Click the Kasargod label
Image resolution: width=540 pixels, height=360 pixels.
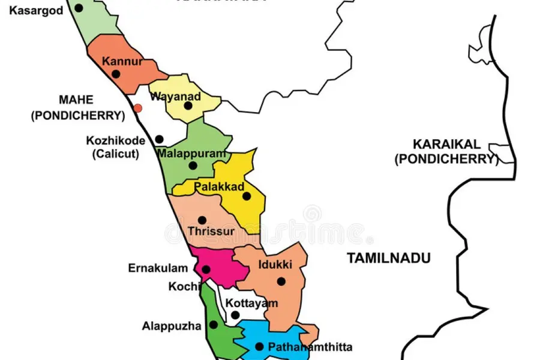(36, 11)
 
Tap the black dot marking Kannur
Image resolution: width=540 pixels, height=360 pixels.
(116, 74)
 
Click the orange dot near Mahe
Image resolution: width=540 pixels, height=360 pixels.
(138, 108)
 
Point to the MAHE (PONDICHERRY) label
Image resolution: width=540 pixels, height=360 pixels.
(78, 108)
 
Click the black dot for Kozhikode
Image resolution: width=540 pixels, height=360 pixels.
(159, 139)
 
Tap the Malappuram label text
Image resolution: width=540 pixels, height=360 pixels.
(192, 154)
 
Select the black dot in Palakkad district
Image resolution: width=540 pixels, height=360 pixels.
(246, 196)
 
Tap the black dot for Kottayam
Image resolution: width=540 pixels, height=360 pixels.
(235, 315)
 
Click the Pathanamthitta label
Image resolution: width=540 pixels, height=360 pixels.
(310, 347)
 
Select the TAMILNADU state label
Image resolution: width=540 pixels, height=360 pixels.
(389, 259)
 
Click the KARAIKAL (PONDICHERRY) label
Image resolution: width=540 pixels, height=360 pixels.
(446, 152)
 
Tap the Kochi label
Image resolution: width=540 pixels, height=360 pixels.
(184, 287)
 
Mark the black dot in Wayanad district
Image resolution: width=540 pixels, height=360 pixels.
(188, 106)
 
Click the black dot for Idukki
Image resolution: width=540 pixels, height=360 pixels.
(280, 281)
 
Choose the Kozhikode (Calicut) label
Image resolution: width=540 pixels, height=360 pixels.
(116, 147)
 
